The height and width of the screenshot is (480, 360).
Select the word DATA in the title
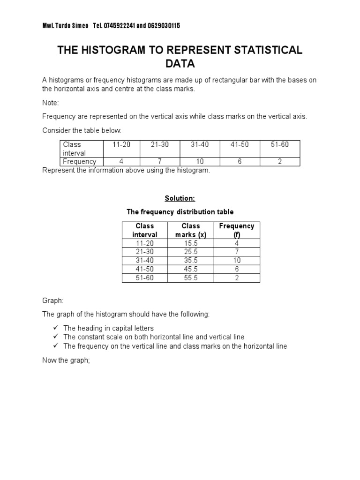point(180,63)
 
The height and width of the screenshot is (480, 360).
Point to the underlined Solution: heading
point(180,199)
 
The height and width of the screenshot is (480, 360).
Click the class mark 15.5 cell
point(191,243)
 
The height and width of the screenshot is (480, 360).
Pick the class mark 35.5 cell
point(191,261)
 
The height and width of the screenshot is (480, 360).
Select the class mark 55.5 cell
point(191,278)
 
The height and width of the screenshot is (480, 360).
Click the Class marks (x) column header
point(191,230)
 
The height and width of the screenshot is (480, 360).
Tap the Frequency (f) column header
point(237,230)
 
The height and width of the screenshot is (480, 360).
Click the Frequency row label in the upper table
point(80,162)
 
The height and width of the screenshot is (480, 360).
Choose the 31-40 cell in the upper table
point(200,145)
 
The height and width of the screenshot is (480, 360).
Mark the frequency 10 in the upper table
point(200,162)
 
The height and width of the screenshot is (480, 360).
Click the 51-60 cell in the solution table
point(145,278)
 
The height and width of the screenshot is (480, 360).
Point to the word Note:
point(51,102)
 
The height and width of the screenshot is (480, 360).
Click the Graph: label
point(52,300)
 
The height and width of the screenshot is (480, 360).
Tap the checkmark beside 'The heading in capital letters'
point(55,328)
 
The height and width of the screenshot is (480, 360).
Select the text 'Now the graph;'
point(66,360)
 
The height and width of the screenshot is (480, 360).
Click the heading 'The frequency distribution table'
point(180,212)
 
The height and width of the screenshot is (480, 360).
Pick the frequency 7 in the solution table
point(237,252)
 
